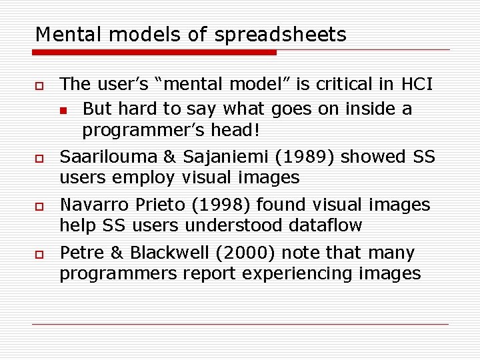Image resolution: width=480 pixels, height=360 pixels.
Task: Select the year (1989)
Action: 305,157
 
